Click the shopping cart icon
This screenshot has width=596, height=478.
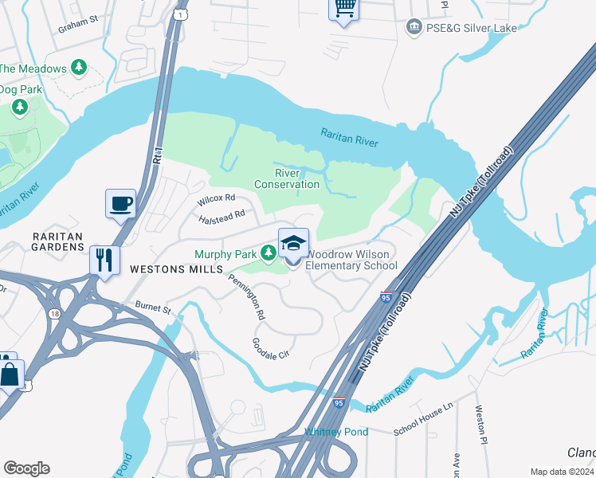pos(344,8)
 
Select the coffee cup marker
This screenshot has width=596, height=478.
pos(120,204)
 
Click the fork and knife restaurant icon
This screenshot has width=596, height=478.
pos(105,259)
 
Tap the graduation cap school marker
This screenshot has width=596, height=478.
pos(293,243)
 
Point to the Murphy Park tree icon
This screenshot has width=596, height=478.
pos(269,254)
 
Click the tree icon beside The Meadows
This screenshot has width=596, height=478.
pos(78,69)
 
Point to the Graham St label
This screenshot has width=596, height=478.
pos(77,23)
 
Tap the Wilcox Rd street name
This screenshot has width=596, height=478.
pos(218,198)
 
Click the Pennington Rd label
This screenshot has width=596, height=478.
pos(246,296)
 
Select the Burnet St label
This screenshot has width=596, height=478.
pos(154,307)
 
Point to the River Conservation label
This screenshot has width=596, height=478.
pos(286,178)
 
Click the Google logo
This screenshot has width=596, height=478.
pos(26,468)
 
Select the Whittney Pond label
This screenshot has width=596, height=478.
pos(336,433)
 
